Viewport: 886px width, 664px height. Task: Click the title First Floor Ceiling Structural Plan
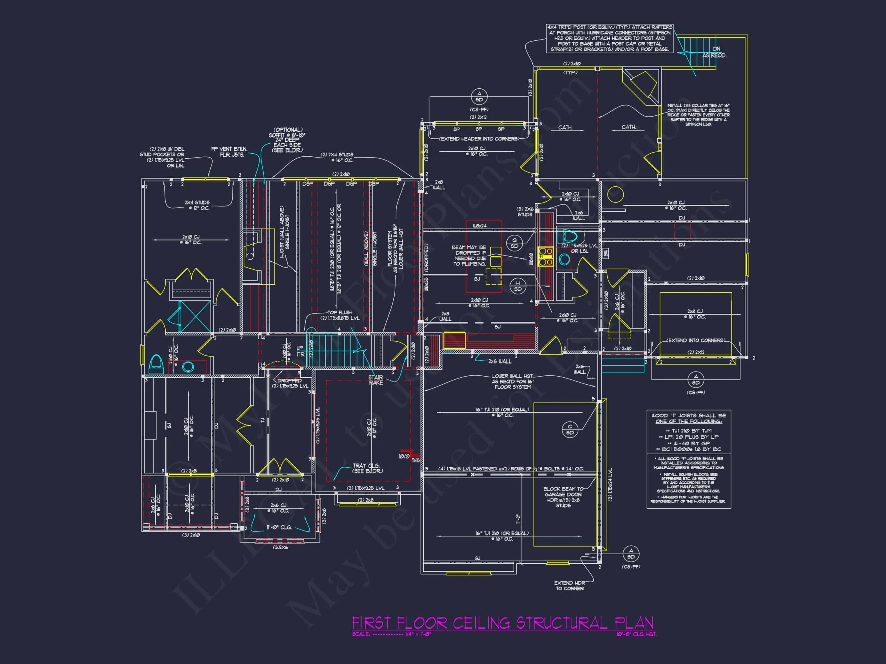pos(503,623)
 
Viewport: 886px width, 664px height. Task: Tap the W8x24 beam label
pos(480,226)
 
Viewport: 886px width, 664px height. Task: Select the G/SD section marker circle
pos(514,243)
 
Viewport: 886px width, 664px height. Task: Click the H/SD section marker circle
pos(518,286)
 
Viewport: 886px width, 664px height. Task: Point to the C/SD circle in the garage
pos(570,430)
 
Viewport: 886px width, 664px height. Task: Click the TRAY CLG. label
pos(367,468)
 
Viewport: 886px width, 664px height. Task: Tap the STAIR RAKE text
pos(375,380)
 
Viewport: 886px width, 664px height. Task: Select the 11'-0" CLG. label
pos(279,527)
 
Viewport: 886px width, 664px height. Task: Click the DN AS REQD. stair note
pos(714,52)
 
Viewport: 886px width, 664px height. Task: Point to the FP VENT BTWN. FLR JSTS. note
pos(229,152)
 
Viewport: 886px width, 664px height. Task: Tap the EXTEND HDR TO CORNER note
pos(570,586)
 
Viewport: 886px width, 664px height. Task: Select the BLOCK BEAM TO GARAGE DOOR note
pos(563,497)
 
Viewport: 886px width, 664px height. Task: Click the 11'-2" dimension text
pos(518,519)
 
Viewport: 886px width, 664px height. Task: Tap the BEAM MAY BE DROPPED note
pos(470,256)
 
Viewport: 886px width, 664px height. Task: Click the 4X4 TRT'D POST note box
pos(610,38)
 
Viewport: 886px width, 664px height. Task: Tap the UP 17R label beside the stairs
pos(300,351)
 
